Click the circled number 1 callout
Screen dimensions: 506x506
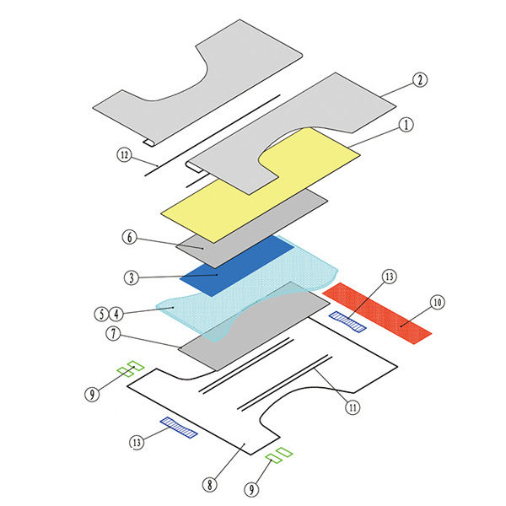pyautogui.click(x=406, y=125)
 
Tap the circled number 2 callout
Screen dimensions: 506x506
pyautogui.click(x=420, y=80)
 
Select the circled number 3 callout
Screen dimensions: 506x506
pyautogui.click(x=132, y=277)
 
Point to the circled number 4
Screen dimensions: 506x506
pyautogui.click(x=116, y=314)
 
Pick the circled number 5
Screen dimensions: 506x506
pyautogui.click(x=101, y=314)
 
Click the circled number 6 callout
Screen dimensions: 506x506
pyautogui.click(x=129, y=237)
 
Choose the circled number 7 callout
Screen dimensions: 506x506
pyautogui.click(x=113, y=333)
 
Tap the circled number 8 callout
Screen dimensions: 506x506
pyautogui.click(x=210, y=484)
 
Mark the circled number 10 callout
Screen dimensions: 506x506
pyautogui.click(x=437, y=303)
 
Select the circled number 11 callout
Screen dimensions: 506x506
pyautogui.click(x=353, y=407)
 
